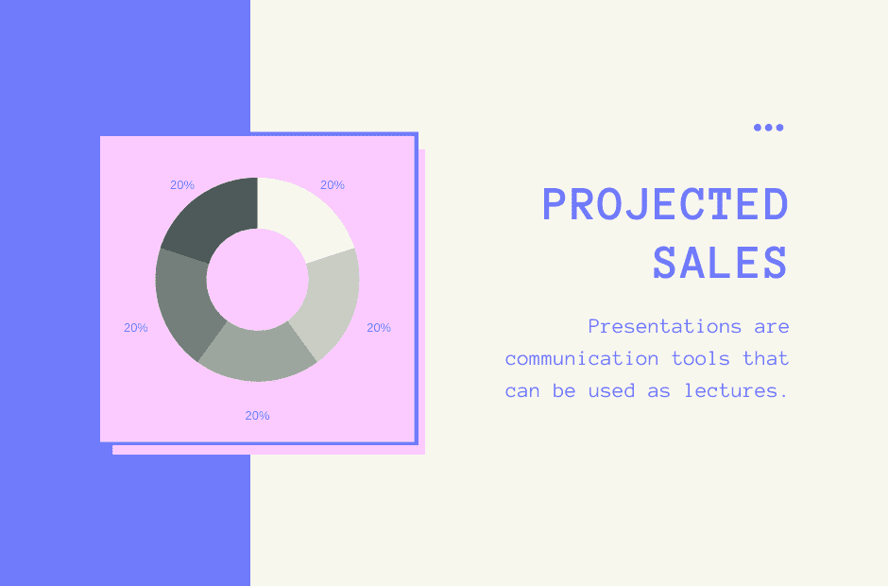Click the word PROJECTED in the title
tap(665, 205)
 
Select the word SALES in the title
tap(720, 263)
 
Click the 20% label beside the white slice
tap(333, 185)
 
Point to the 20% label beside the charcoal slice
tap(182, 185)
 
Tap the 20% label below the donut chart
tap(257, 415)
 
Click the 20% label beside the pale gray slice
tap(379, 328)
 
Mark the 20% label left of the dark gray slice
tap(136, 328)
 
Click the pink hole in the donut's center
tap(257, 280)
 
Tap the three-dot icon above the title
tap(768, 128)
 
